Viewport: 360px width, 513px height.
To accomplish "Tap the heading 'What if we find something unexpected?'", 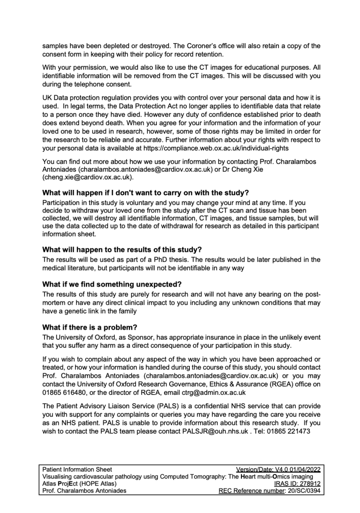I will coord(112,284).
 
